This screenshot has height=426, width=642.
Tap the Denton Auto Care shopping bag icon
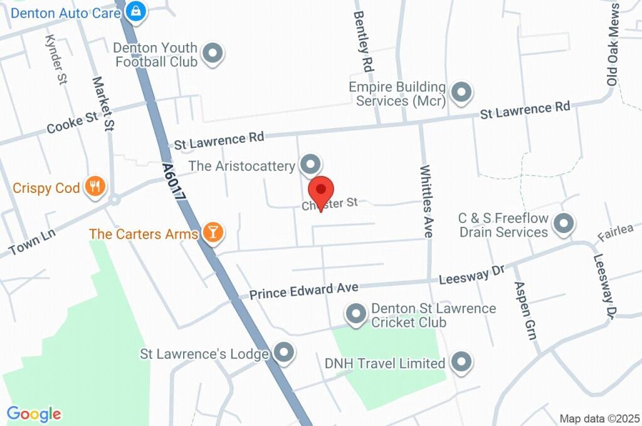click(x=135, y=11)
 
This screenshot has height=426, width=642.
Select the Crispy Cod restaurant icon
click(x=95, y=187)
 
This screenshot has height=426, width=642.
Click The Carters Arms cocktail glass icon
click(x=213, y=233)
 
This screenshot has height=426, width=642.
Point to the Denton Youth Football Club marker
click(x=213, y=54)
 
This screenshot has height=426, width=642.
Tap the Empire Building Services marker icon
click(x=461, y=93)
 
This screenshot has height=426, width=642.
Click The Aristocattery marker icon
click(x=310, y=165)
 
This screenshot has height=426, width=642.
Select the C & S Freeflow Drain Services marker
click(x=564, y=225)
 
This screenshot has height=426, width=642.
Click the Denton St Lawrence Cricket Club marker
click(x=356, y=314)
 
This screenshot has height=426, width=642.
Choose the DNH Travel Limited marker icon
click(x=461, y=362)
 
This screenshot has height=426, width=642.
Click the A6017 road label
click(x=174, y=182)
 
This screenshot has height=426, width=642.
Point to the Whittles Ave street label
click(x=427, y=201)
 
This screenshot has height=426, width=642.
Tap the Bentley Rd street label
click(x=364, y=40)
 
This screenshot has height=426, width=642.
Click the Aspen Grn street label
click(x=525, y=309)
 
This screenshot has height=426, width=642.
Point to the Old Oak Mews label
click(x=613, y=44)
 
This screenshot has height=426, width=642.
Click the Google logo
click(x=34, y=413)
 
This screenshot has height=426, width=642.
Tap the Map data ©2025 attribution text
click(x=599, y=418)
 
